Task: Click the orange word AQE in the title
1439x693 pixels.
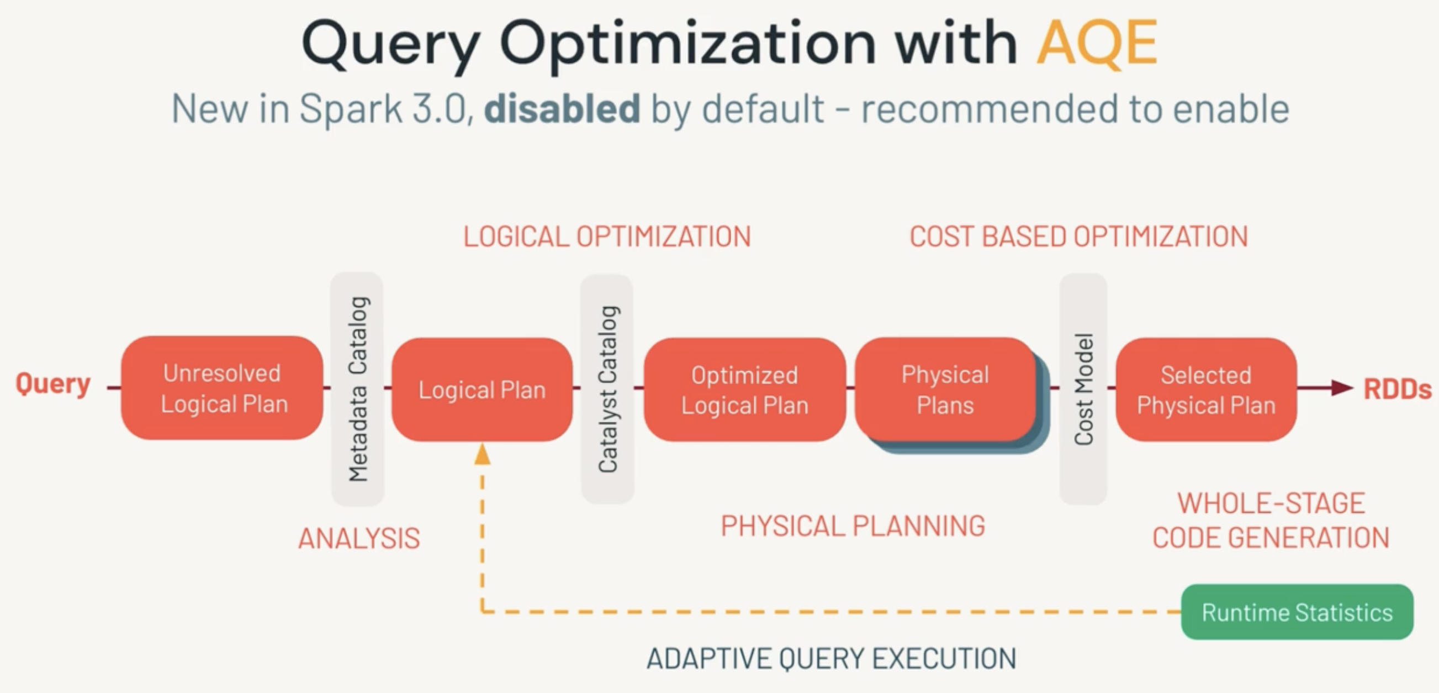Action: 1097,44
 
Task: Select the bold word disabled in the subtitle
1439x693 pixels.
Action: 562,108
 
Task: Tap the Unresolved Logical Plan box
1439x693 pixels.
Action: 223,388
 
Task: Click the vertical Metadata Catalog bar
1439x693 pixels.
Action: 357,389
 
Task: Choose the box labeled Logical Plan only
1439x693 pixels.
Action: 482,390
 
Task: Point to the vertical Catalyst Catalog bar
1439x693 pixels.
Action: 607,389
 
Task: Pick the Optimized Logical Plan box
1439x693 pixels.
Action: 744,390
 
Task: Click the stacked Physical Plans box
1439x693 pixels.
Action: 945,389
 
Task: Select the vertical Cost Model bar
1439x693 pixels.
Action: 1083,389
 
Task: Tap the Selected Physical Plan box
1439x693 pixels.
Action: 1205,390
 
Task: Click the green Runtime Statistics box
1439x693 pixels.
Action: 1297,612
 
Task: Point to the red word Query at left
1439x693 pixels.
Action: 53,384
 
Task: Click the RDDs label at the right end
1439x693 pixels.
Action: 1397,389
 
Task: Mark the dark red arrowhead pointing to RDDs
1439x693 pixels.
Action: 1341,387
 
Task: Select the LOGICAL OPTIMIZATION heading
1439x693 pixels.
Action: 607,237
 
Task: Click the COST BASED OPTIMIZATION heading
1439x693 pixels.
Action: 1078,237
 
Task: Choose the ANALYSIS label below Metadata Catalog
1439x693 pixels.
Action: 358,539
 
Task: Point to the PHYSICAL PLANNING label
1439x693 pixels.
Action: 853,526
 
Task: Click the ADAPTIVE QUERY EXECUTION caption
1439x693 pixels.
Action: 830,658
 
